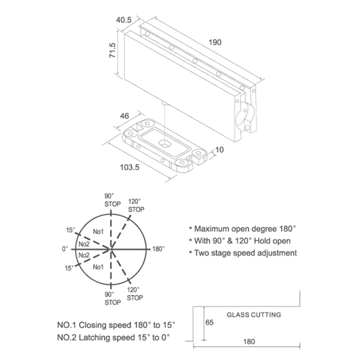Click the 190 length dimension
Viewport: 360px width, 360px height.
[215, 43]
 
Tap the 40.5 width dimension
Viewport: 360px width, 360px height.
[124, 20]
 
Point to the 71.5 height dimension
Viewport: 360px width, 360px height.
[113, 50]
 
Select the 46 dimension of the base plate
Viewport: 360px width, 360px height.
[124, 116]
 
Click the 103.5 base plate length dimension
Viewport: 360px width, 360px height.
[130, 167]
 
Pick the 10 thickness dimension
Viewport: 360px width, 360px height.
[220, 150]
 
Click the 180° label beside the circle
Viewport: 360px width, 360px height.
[158, 249]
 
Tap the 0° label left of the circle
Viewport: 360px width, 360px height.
[65, 249]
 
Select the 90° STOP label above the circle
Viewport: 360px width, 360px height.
[113, 200]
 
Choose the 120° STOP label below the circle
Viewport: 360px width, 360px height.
[135, 294]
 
